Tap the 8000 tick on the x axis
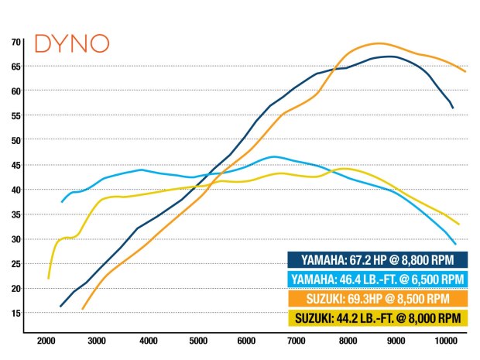click(346, 340)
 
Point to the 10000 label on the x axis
click(446, 340)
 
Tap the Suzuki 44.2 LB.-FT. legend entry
click(378, 317)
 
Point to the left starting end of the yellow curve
click(48, 278)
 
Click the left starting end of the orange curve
click(82, 309)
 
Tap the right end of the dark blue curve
click(453, 108)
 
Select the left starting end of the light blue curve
click(62, 202)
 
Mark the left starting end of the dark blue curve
click(60, 307)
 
